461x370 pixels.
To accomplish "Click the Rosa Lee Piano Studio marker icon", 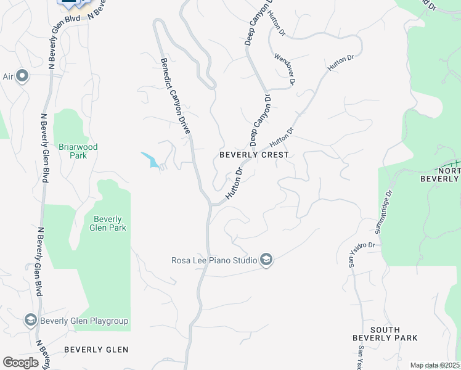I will (266, 260).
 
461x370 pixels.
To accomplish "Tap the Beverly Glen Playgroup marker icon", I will (31, 320).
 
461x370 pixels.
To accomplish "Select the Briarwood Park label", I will (78, 151).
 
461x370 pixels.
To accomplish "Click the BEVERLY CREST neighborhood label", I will (255, 155).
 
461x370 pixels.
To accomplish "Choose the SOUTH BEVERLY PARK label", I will (385, 334).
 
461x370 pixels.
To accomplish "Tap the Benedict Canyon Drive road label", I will (175, 97).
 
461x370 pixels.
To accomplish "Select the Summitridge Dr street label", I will (383, 212).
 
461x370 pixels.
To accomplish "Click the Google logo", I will (20, 362).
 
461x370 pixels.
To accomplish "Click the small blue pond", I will (151, 160).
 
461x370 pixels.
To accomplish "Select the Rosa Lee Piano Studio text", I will (213, 260).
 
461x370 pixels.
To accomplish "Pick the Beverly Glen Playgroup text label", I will (84, 320).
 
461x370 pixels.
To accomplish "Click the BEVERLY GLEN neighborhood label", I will (96, 350).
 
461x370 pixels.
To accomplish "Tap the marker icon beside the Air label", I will (23, 76).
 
